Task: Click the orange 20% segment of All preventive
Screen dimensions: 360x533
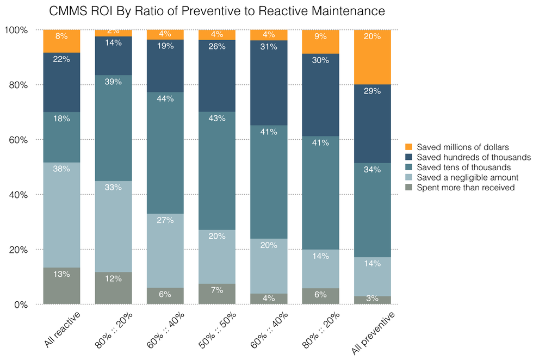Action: [372, 57]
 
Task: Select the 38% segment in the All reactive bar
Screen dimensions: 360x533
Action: [61, 215]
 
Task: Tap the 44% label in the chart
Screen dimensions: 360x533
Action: [165, 98]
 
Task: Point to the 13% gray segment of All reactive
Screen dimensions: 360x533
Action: [61, 286]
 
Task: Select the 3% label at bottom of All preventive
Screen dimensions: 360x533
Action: [372, 299]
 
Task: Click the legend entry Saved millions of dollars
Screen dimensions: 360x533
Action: [462, 147]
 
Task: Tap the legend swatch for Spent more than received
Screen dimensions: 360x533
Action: [410, 188]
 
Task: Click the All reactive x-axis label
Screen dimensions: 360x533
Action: [61, 329]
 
